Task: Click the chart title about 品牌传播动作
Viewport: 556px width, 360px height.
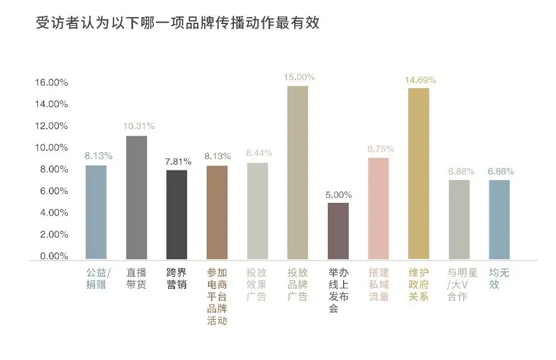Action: pyautogui.click(x=178, y=23)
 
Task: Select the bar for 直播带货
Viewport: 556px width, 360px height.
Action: pyautogui.click(x=136, y=198)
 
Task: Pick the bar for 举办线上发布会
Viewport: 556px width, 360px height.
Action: pyautogui.click(x=338, y=231)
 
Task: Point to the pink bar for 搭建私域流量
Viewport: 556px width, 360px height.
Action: pyautogui.click(x=378, y=209)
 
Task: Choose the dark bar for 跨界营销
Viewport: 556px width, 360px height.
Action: pyautogui.click(x=176, y=215)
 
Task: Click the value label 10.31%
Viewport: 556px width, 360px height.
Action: pyautogui.click(x=136, y=125)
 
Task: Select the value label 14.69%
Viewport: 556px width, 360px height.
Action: pyautogui.click(x=418, y=80)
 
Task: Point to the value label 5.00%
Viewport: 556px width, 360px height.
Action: pyautogui.click(x=338, y=195)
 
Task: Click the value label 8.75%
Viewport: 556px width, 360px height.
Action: pyautogui.click(x=378, y=149)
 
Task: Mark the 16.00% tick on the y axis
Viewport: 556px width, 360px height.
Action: pyautogui.click(x=51, y=82)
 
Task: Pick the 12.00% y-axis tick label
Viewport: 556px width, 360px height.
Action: pyautogui.click(x=51, y=125)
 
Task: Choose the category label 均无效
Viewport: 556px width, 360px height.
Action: pyautogui.click(x=499, y=279)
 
